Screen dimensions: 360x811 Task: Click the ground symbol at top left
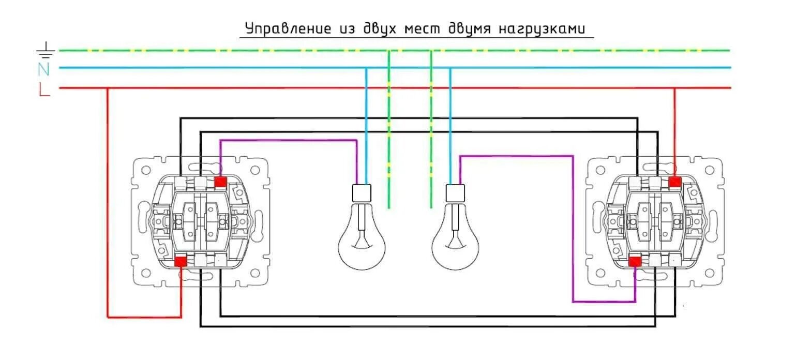[x=46, y=50]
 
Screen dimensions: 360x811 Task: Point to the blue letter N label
[x=44, y=69]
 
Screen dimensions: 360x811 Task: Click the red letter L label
[x=44, y=90]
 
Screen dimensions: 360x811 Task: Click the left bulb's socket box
[x=362, y=192]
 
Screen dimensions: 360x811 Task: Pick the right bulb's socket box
[x=456, y=192]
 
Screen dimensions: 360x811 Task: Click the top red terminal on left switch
[x=221, y=182]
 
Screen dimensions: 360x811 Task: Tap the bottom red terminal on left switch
[x=181, y=262]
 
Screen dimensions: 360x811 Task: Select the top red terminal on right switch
[x=674, y=182]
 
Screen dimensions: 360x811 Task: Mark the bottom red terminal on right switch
[x=635, y=262]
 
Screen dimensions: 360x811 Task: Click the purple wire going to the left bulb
[x=290, y=140]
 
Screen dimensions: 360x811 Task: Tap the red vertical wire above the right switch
[x=674, y=129]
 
